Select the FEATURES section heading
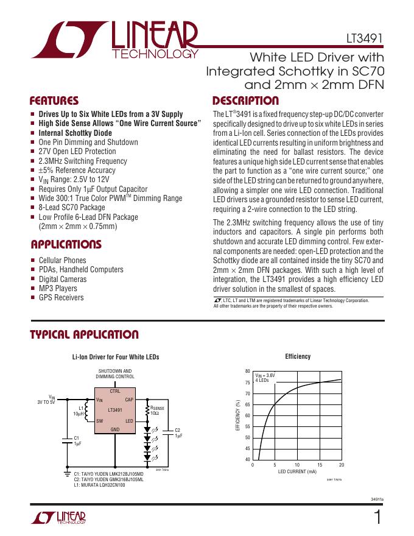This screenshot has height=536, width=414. (x=54, y=101)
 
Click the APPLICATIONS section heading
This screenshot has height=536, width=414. (x=65, y=245)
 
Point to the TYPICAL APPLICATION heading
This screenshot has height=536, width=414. (x=84, y=335)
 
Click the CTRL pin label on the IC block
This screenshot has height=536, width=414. (x=115, y=390)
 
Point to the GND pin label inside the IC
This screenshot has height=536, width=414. (x=114, y=429)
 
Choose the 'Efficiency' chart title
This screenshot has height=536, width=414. (x=298, y=357)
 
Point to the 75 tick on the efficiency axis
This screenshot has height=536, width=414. (x=247, y=383)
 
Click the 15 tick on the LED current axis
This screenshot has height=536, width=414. (x=319, y=465)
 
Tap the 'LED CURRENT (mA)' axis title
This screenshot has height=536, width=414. (x=297, y=472)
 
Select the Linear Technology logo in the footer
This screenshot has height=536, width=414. (x=58, y=518)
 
